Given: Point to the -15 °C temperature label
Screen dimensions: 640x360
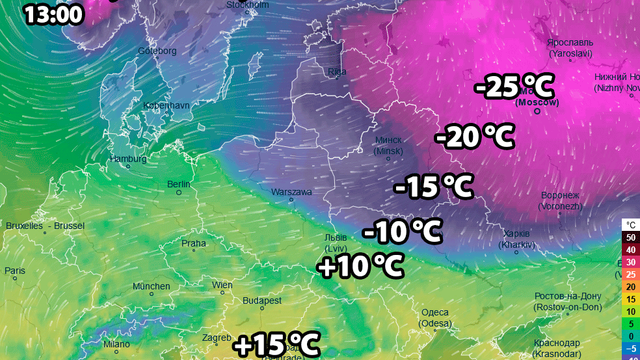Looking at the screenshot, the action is (433, 186).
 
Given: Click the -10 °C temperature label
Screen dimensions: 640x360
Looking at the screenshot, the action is (401, 232).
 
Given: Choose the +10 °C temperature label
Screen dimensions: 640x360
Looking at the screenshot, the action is (360, 266).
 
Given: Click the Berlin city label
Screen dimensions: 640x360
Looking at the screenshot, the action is (180, 185).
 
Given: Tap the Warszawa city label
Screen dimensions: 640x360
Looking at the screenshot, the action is (292, 192).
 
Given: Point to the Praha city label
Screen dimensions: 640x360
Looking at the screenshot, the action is (193, 243).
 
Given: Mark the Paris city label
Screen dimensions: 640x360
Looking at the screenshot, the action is (15, 271).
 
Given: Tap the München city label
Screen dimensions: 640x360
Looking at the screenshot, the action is (151, 287).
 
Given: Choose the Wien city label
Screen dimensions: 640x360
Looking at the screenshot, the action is (222, 286).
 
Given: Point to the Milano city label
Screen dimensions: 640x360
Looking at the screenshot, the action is (116, 344).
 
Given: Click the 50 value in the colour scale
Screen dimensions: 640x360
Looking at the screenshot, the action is (629, 236).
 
